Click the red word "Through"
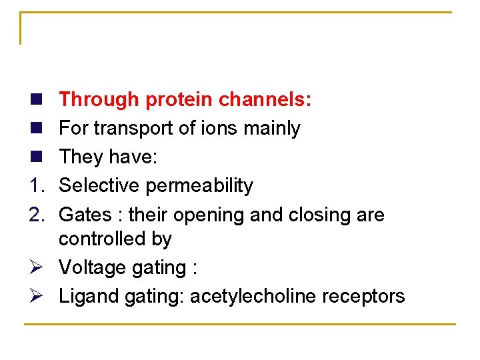[x=99, y=100]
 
